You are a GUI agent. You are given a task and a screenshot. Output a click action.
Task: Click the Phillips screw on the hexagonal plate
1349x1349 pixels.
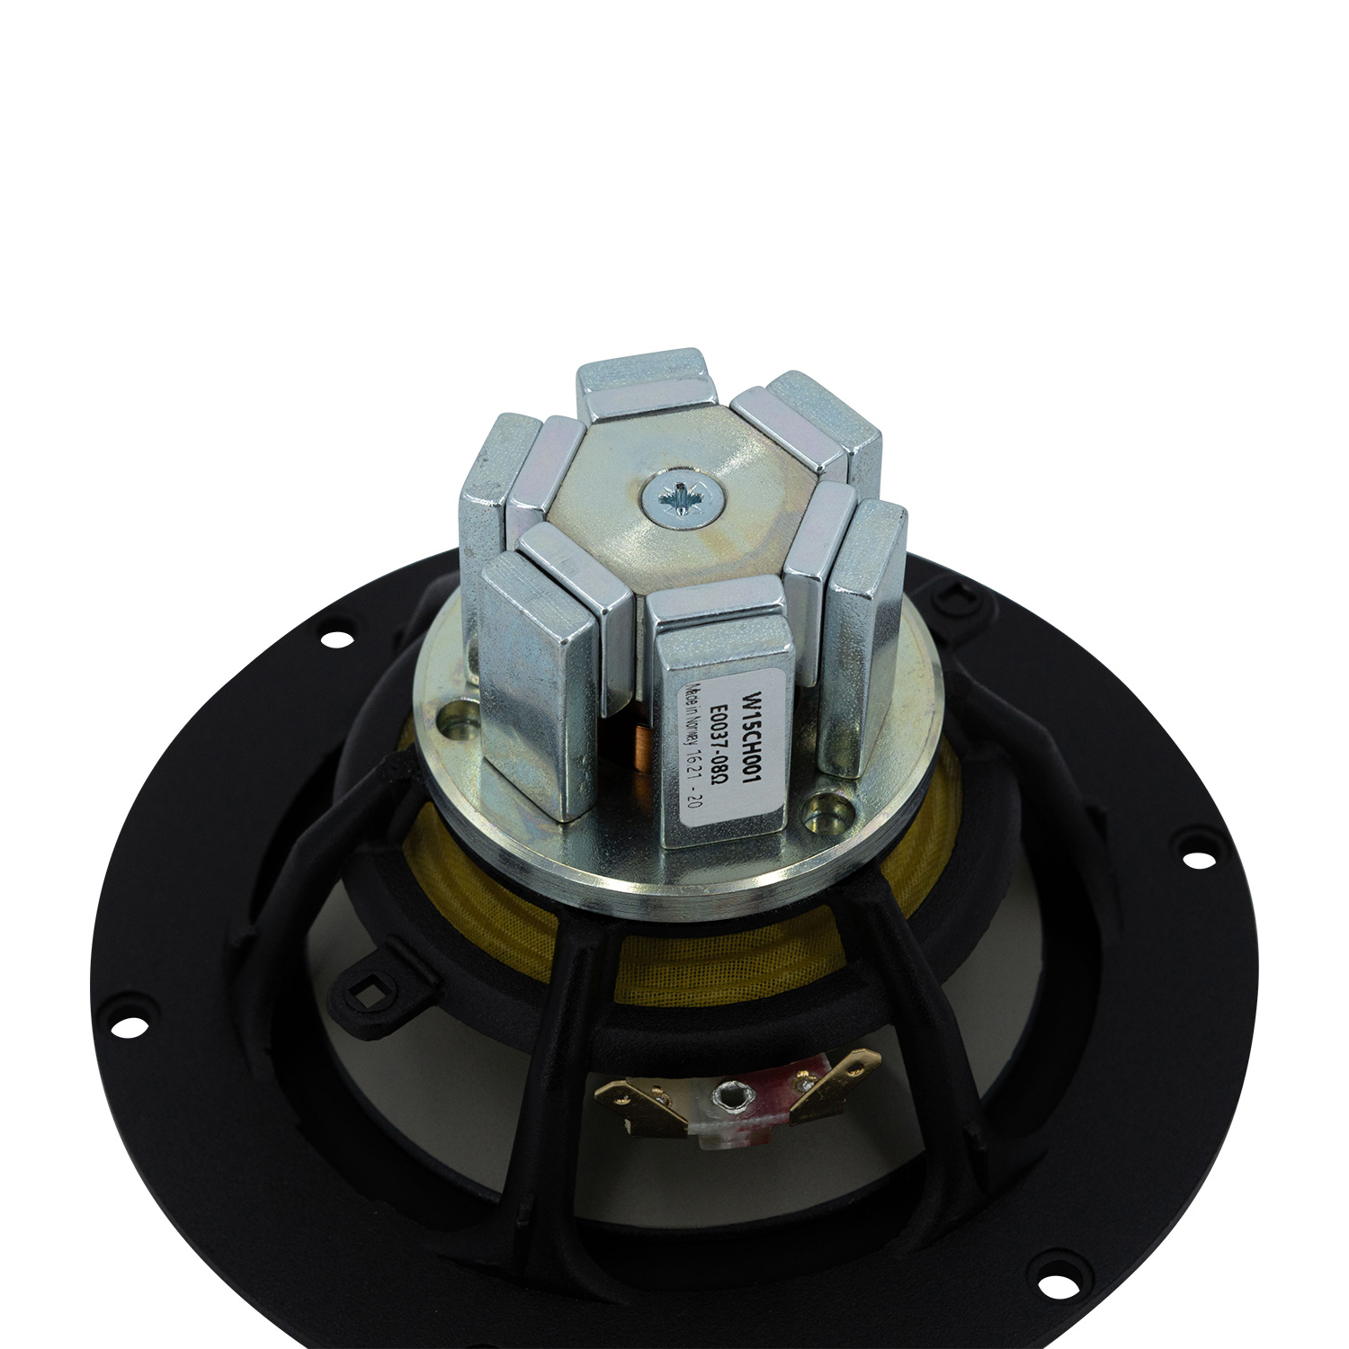point(681,496)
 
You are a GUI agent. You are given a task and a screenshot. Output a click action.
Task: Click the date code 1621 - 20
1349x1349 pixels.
point(697,784)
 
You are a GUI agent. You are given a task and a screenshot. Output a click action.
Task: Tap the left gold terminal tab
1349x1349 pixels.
point(630,1097)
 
